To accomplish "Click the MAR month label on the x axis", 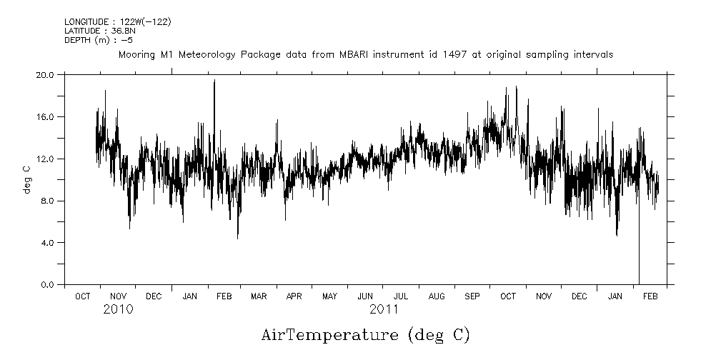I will pyautogui.click(x=259, y=296).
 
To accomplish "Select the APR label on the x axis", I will pyautogui.click(x=294, y=296).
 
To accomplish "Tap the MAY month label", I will pyautogui.click(x=329, y=296).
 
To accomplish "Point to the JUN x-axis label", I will pyautogui.click(x=365, y=296).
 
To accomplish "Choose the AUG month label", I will pyautogui.click(x=437, y=296).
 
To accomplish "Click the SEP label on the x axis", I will pyautogui.click(x=472, y=296).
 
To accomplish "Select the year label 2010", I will pyautogui.click(x=118, y=310).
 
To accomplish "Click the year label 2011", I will pyautogui.click(x=384, y=310).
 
